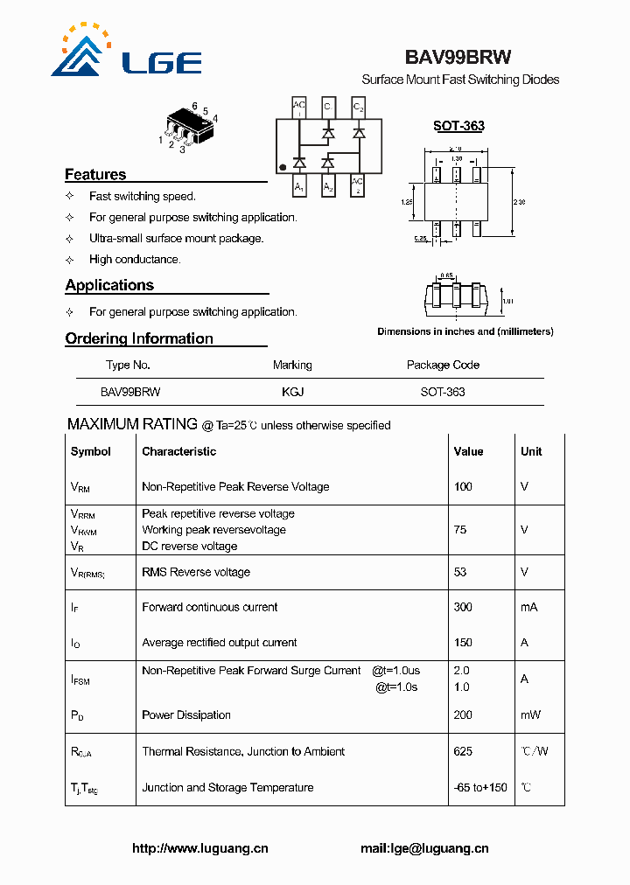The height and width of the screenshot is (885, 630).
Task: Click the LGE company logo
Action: [126, 52]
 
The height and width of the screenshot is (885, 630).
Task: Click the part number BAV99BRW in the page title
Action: [458, 57]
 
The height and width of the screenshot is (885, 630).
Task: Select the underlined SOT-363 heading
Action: [458, 126]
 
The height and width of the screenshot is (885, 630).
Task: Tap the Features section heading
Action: [95, 175]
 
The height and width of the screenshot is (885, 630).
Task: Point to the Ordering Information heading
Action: [139, 338]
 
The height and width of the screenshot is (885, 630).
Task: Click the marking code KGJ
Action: [292, 392]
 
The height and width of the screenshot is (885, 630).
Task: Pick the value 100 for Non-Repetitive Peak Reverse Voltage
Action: [463, 486]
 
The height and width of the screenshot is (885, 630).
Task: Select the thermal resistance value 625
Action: [463, 751]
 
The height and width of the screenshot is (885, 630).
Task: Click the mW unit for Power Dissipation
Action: [530, 714]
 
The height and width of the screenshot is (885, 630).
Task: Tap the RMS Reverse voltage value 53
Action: [460, 572]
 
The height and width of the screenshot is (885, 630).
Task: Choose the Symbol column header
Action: [91, 451]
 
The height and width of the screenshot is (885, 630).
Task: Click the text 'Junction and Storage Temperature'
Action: [227, 787]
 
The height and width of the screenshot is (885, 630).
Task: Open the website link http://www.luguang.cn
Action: [199, 848]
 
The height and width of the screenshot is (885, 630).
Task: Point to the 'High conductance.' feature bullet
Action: [135, 260]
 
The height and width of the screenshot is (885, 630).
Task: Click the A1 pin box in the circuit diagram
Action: [299, 186]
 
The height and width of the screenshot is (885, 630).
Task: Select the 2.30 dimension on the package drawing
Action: [520, 202]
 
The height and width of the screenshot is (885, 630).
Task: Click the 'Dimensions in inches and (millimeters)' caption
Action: [465, 331]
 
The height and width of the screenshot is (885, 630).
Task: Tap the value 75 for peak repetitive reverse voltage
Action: [460, 529]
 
